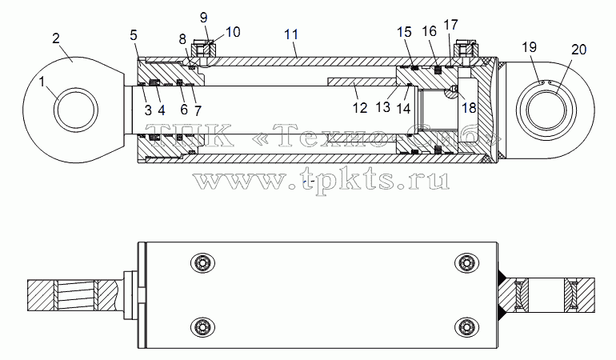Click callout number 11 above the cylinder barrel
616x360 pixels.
click(x=291, y=34)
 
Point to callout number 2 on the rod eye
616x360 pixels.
click(x=56, y=38)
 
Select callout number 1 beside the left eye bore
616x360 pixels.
click(x=42, y=82)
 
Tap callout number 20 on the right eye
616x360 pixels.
click(x=578, y=50)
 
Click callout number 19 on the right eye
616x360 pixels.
click(x=529, y=47)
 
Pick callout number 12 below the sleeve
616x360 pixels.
click(x=359, y=108)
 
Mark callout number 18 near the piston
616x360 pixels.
click(x=469, y=108)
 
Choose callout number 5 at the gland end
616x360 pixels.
click(x=134, y=35)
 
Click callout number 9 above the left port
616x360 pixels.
click(x=203, y=18)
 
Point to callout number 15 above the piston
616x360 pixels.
click(x=404, y=32)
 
